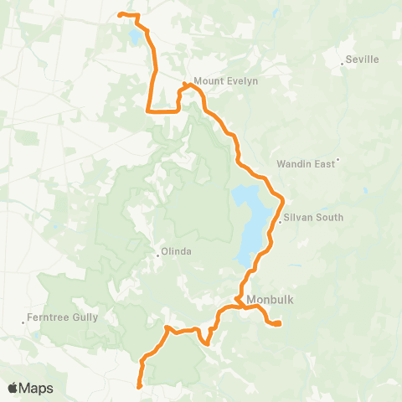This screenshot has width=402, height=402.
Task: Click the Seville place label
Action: click(363, 59)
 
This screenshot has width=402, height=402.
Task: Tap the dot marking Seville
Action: click(343, 64)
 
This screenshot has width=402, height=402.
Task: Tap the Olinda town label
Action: click(177, 251)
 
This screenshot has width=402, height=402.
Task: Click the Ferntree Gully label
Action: click(62, 317)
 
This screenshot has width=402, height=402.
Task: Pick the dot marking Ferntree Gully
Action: click(23, 322)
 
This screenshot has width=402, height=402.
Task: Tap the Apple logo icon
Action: click(13, 388)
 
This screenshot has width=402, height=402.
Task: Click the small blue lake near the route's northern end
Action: click(135, 38)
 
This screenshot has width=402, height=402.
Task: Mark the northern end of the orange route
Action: click(119, 14)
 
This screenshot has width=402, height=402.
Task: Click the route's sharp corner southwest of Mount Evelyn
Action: click(148, 110)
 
